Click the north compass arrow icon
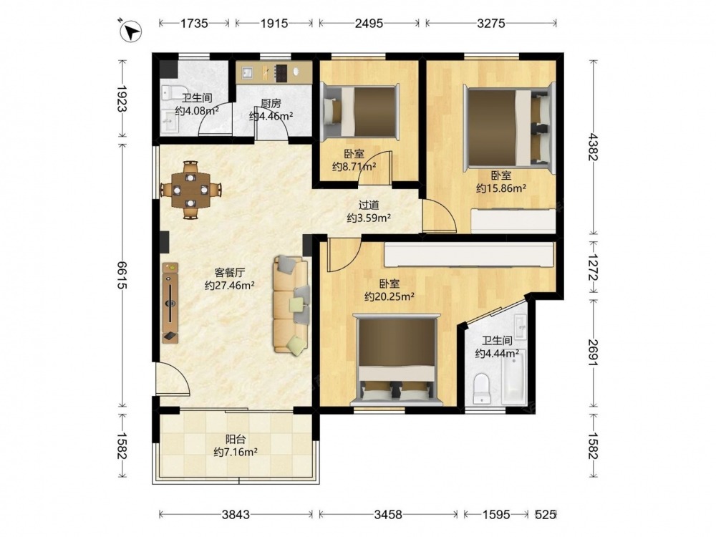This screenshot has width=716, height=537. coord(130,32)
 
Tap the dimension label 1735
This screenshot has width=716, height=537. coord(194,23)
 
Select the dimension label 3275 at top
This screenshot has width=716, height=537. coord(491,23)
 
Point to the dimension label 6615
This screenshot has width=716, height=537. coord(122,275)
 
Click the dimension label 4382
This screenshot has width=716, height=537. coord(593,147)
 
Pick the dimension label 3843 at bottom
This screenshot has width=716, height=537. coord(236,515)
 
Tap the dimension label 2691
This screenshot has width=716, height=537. coord(593,352)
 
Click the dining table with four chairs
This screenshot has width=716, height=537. coord(191,190)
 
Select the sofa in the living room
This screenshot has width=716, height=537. coord(291,304)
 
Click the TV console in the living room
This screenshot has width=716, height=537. coord(170,302)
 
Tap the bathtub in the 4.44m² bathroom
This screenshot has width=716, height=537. coord(513,377)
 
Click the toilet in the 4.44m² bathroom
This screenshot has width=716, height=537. coord(481,389)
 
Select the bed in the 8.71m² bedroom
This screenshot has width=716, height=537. coord(360,111)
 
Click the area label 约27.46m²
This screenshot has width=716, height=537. coord(229,286)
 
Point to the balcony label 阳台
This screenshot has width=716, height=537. coord(236,440)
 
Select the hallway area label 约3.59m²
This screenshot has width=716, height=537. coord(369,218)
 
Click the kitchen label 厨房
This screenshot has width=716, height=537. coord(271,104)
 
